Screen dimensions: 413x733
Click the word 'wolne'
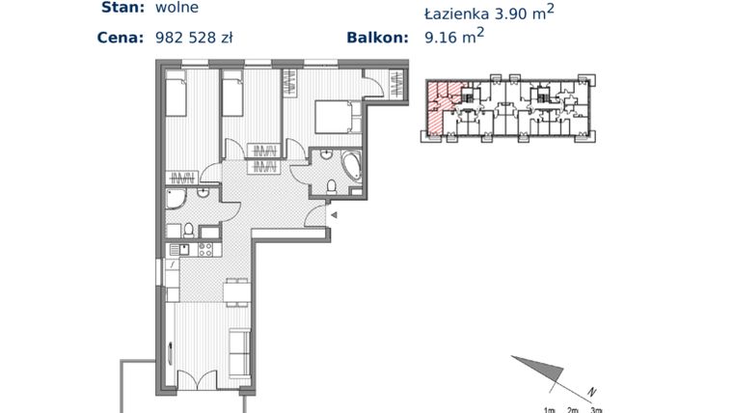click(x=176, y=8)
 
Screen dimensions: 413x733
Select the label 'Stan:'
click(x=122, y=8)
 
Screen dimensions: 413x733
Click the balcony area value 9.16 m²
click(x=454, y=39)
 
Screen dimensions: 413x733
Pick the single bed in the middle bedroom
click(x=232, y=96)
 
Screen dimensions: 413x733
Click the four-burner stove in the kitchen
click(x=204, y=250)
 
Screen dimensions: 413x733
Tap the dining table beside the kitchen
click(x=234, y=289)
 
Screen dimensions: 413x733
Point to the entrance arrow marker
click(x=334, y=217)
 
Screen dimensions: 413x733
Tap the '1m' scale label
click(x=550, y=409)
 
